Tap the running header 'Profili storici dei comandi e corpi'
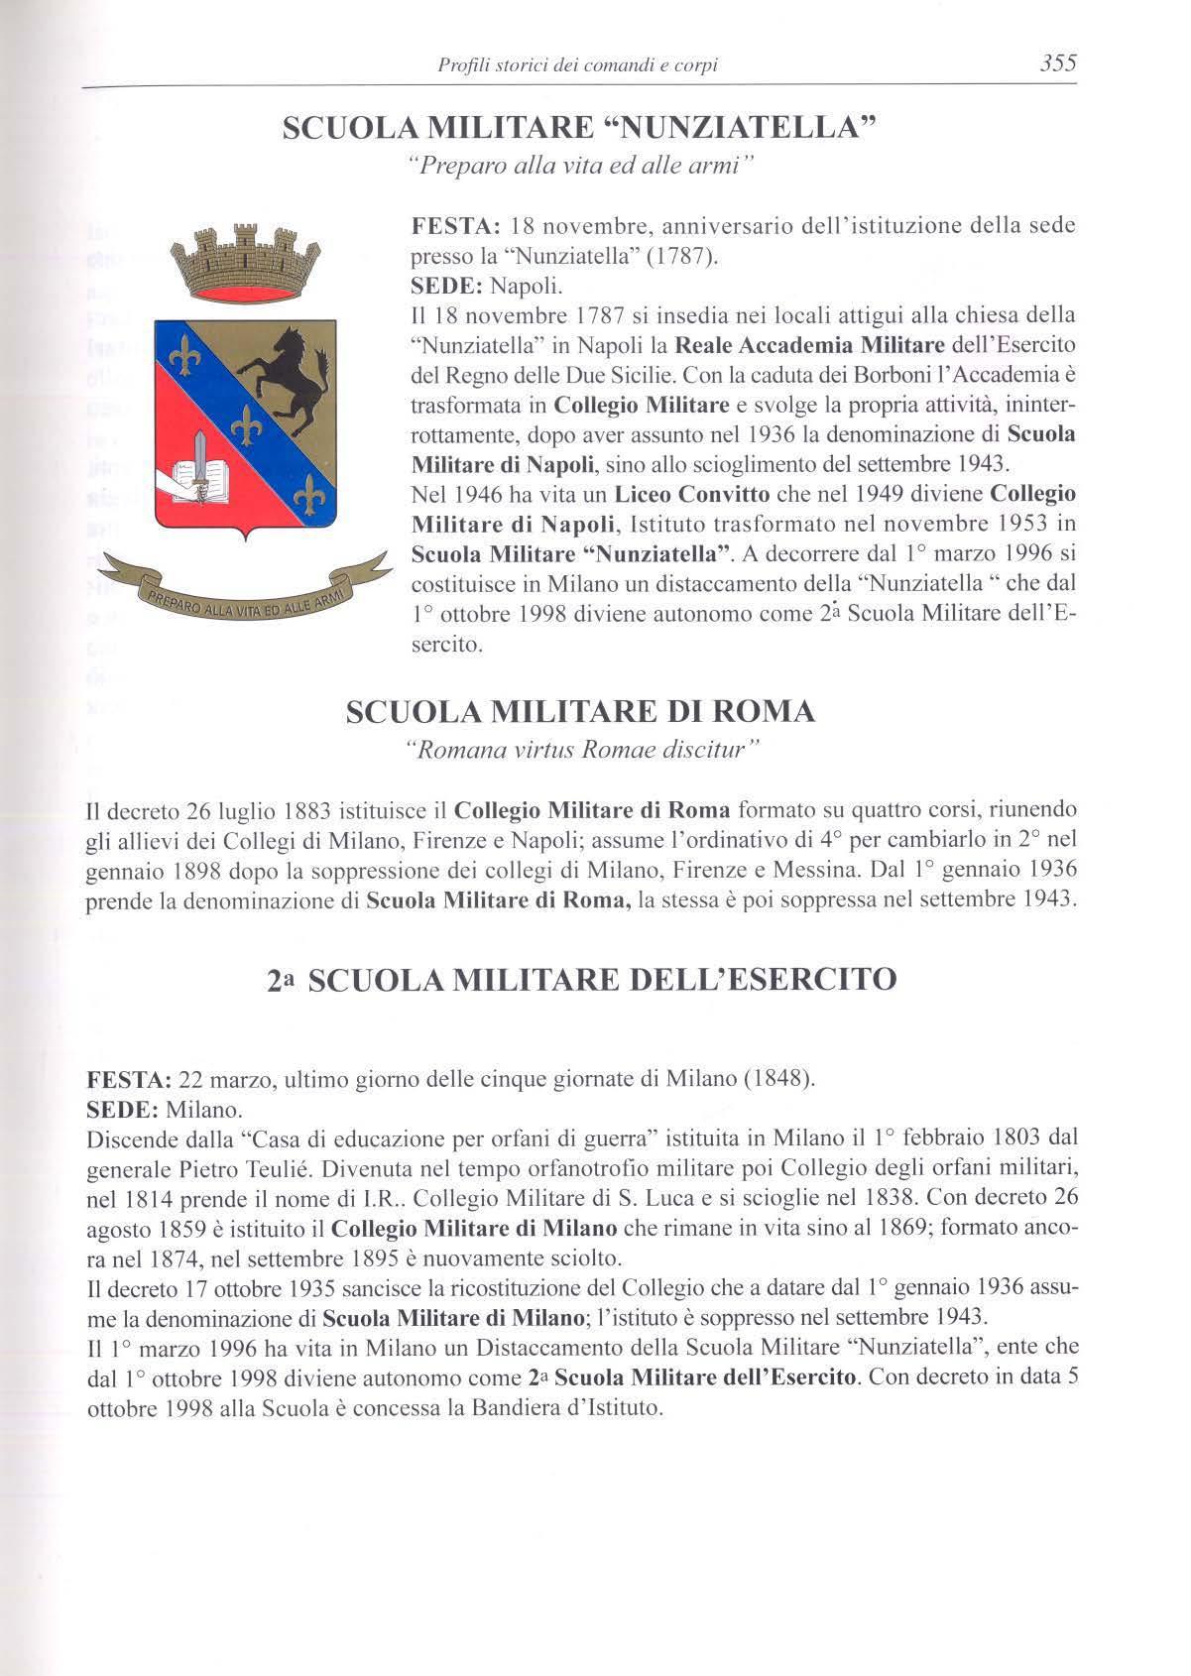pos(577,66)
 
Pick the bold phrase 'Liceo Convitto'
pos(685,494)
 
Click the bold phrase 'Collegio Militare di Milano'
pos(474,1229)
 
